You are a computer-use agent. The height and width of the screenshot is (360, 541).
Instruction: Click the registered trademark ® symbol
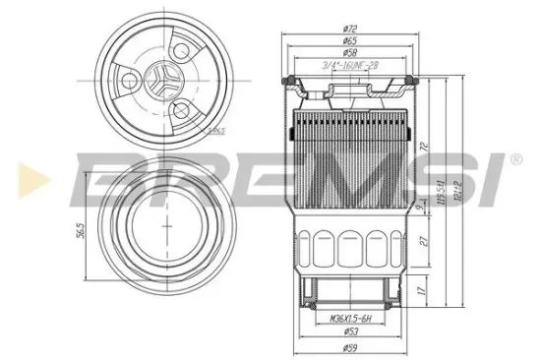click(515, 157)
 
